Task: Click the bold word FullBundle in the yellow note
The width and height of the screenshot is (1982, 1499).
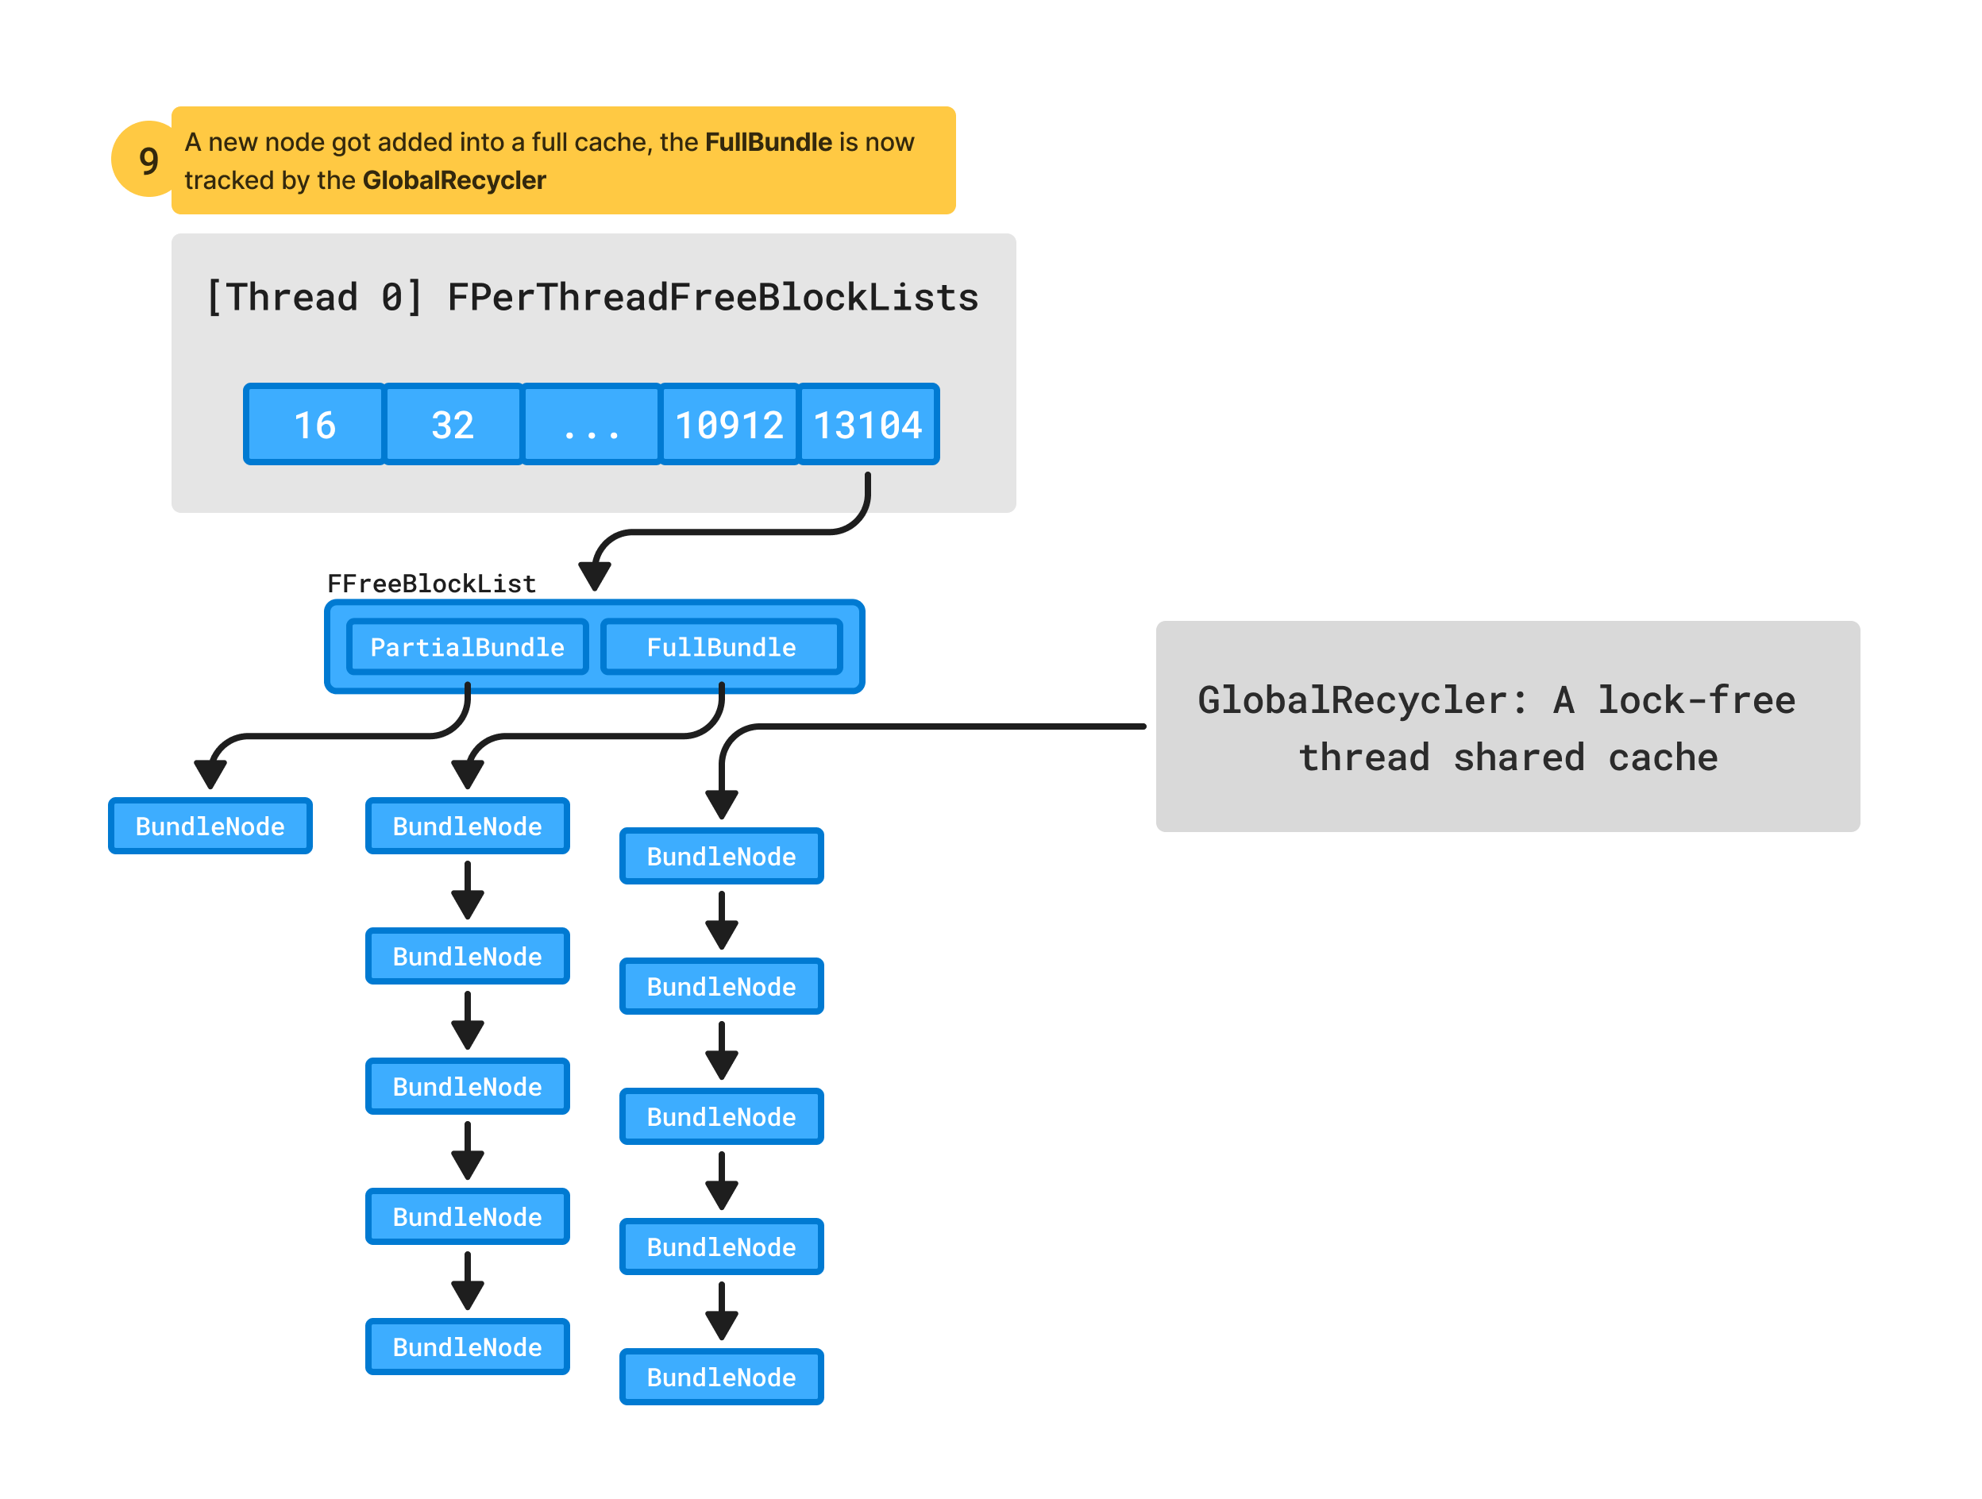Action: pyautogui.click(x=768, y=142)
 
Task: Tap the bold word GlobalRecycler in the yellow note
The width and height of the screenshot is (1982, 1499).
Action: pyautogui.click(x=453, y=181)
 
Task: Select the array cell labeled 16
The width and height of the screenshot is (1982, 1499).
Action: pyautogui.click(x=314, y=425)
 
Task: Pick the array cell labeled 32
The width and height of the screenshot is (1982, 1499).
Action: pyautogui.click(x=453, y=425)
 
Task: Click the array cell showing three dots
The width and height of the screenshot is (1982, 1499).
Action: pyautogui.click(x=592, y=425)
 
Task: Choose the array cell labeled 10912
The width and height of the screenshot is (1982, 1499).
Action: pyautogui.click(x=730, y=425)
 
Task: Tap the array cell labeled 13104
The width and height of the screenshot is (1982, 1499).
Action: pyautogui.click(x=867, y=425)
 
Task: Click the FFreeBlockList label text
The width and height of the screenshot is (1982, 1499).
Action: pyautogui.click(x=431, y=584)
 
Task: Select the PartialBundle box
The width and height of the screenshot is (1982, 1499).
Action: pyautogui.click(x=467, y=647)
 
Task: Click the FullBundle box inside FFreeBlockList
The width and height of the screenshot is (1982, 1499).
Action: pyautogui.click(x=721, y=647)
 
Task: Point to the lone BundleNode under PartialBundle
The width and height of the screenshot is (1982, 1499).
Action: pyautogui.click(x=210, y=826)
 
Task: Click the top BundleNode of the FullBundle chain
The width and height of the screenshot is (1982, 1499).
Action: pyautogui.click(x=467, y=826)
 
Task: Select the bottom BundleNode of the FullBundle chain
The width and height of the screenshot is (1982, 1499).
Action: pyautogui.click(x=467, y=1347)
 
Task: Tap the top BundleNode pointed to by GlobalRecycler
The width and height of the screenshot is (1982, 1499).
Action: pyautogui.click(x=721, y=857)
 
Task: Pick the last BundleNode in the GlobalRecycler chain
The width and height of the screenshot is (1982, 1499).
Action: pyautogui.click(x=721, y=1378)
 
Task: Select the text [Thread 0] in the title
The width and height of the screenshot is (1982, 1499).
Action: pyautogui.click(x=314, y=298)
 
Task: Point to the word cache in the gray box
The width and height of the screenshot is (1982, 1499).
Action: pyautogui.click(x=1663, y=758)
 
